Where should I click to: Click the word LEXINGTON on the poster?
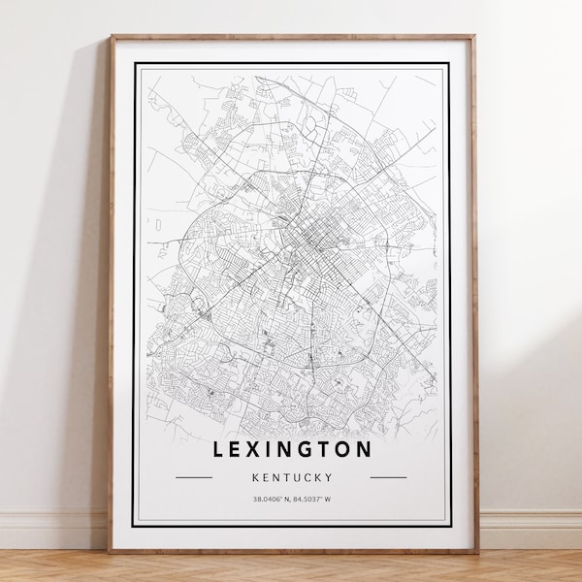[291, 449]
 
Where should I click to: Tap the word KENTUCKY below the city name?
[291, 477]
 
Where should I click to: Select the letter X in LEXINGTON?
[253, 449]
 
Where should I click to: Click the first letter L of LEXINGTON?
[217, 449]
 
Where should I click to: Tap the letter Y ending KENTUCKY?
[330, 477]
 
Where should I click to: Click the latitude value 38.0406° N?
[270, 500]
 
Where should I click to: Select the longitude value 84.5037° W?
[312, 500]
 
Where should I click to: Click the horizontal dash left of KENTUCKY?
[194, 477]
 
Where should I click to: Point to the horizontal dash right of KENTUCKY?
[388, 477]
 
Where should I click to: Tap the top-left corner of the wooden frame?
[111, 37]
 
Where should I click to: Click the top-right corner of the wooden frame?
[475, 37]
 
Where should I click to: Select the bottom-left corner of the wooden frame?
[110, 551]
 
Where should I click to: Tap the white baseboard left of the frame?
[53, 530]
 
